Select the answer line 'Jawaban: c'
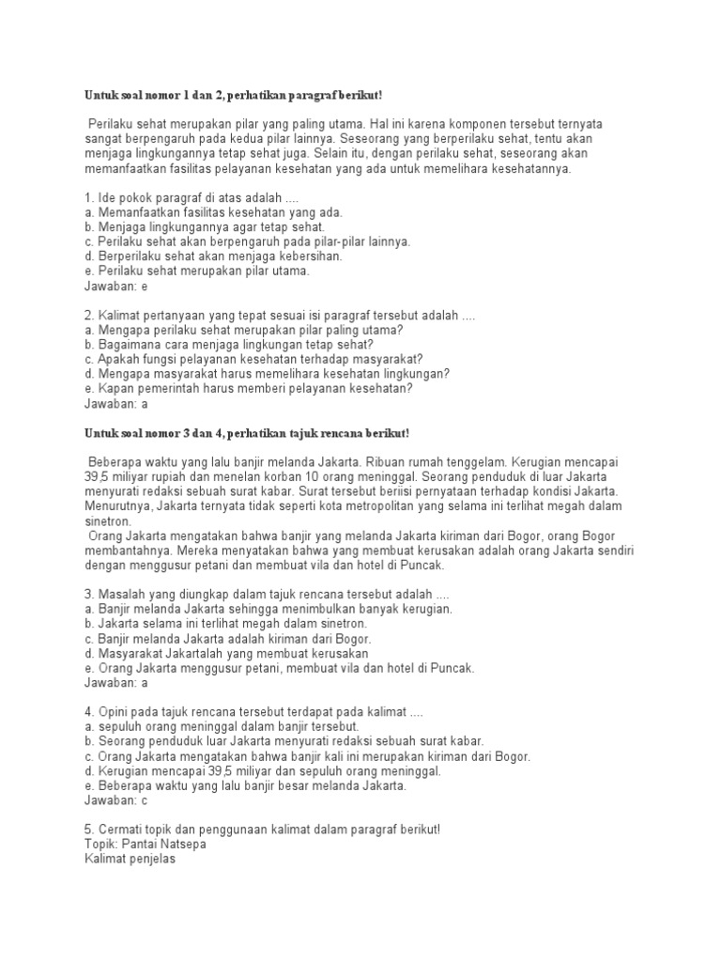coord(117,801)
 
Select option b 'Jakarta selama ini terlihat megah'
coord(226,623)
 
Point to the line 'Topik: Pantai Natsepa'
coord(146,844)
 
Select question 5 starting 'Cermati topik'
coord(262,830)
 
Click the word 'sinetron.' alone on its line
coord(109,520)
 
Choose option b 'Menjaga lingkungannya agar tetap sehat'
coord(205,226)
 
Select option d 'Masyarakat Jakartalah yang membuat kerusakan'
coord(226,653)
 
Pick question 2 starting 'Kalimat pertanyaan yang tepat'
coord(280,315)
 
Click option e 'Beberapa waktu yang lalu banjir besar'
coord(246,786)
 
